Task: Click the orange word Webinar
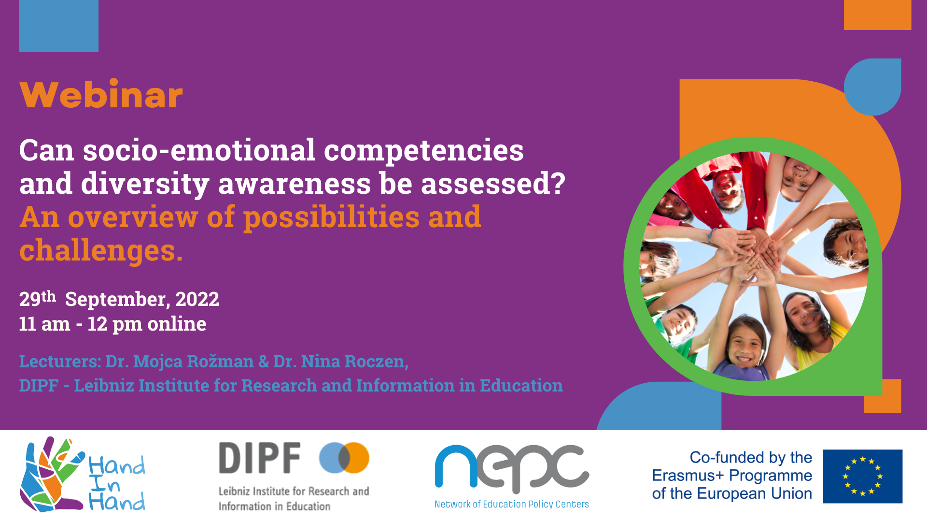pyautogui.click(x=101, y=95)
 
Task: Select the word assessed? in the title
pyautogui.click(x=493, y=184)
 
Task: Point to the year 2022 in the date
pyautogui.click(x=197, y=299)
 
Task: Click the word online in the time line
pyautogui.click(x=177, y=323)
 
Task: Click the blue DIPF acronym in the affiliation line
pyautogui.click(x=39, y=386)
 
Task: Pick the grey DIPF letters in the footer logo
pyautogui.click(x=260, y=458)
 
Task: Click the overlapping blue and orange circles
pyautogui.click(x=344, y=458)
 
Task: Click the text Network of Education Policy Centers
pyautogui.click(x=512, y=504)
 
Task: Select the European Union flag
pyautogui.click(x=863, y=476)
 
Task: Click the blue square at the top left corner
pyautogui.click(x=59, y=26)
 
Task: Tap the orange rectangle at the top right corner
pyautogui.click(x=878, y=14)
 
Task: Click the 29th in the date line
pyautogui.click(x=38, y=298)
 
